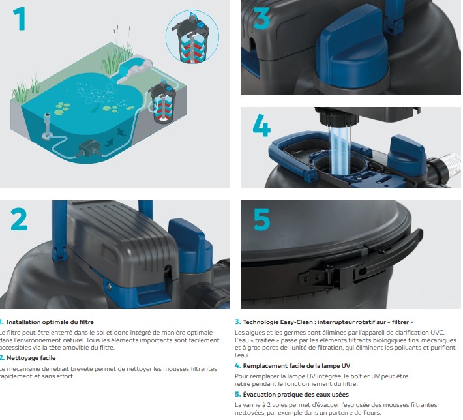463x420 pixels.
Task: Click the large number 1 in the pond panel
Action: pos(20,19)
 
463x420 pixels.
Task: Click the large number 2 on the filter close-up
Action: pos(19,219)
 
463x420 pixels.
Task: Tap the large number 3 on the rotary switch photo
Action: pos(261,18)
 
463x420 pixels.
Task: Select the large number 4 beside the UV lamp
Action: pos(261,125)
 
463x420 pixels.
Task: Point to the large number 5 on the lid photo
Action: pos(261,219)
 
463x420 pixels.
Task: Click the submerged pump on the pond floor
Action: pos(87,149)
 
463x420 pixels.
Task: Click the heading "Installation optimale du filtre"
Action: pos(50,322)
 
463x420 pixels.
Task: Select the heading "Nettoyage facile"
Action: pos(31,358)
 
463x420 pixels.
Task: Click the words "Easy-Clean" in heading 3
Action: pos(295,322)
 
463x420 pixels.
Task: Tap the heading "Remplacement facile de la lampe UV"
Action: pos(297,366)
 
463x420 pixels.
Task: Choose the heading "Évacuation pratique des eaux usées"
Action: pos(295,395)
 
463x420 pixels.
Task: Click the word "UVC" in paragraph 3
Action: pos(438,333)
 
